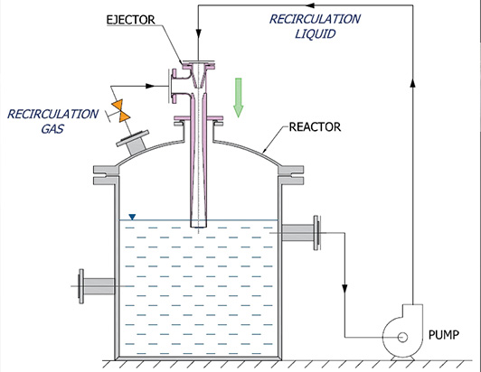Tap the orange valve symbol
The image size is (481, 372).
[x=117, y=109]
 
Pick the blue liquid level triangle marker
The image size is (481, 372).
[x=133, y=217]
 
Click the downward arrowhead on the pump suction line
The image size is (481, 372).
[x=345, y=291]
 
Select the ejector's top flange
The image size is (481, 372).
[x=195, y=63]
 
